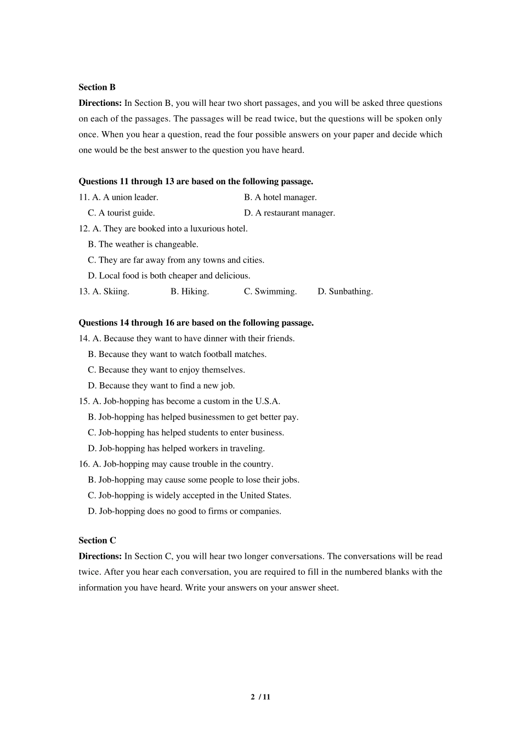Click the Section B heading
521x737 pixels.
click(97, 87)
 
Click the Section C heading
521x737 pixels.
click(97, 541)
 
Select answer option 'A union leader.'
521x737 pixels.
click(129, 197)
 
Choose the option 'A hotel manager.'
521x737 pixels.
click(285, 197)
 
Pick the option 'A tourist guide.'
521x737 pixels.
click(126, 213)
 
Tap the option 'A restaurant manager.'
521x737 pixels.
click(294, 213)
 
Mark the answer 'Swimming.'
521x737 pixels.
click(275, 292)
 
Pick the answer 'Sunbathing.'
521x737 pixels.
click(350, 292)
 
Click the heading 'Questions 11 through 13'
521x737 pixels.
click(196, 182)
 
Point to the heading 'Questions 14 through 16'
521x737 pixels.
click(196, 323)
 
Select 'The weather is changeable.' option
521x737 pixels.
click(148, 245)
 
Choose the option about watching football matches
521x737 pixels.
click(182, 355)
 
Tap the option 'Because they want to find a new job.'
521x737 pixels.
click(166, 386)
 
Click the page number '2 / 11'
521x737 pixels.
click(260, 698)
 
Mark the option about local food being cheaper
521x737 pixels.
click(174, 276)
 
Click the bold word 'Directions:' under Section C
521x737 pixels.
click(100, 557)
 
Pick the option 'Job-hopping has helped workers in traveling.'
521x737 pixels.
click(181, 449)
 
